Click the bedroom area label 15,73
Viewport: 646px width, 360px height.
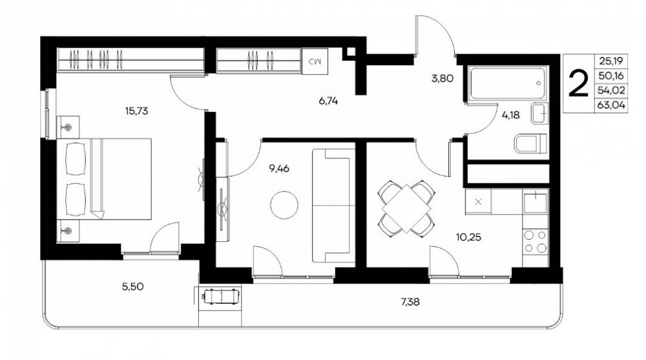point(136,111)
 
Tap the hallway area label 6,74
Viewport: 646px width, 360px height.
point(328,101)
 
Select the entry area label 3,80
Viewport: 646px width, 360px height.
point(443,78)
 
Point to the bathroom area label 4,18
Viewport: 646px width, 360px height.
point(510,115)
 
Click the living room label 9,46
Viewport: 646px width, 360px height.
point(279,168)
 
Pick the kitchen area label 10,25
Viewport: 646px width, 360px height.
point(468,237)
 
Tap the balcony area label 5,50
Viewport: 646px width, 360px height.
point(133,286)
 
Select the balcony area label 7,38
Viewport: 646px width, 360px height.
point(410,302)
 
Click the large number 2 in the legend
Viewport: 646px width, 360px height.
point(578,84)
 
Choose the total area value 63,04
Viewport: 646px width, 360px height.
point(611,105)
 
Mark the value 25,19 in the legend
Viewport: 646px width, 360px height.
point(611,61)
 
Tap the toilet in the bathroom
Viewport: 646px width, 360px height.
point(530,143)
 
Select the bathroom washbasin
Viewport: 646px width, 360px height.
point(539,112)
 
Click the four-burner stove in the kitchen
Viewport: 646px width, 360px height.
point(535,242)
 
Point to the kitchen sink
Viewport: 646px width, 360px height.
point(535,202)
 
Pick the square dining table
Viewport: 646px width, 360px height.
point(406,209)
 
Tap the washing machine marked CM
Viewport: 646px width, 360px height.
point(315,61)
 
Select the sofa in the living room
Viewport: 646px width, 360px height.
point(334,206)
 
